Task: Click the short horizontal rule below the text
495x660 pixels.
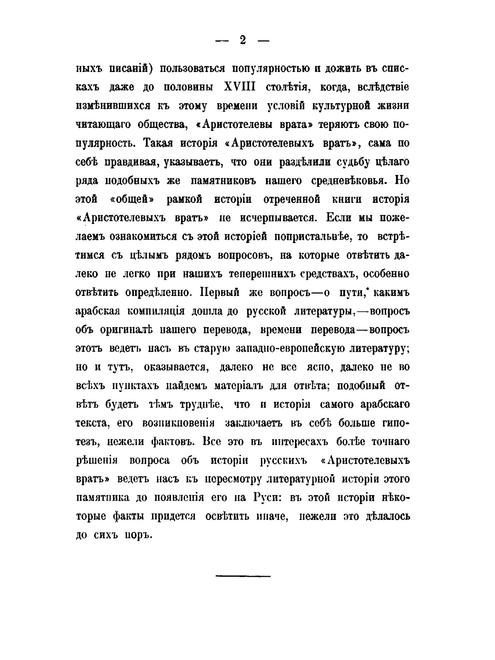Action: (x=243, y=576)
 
